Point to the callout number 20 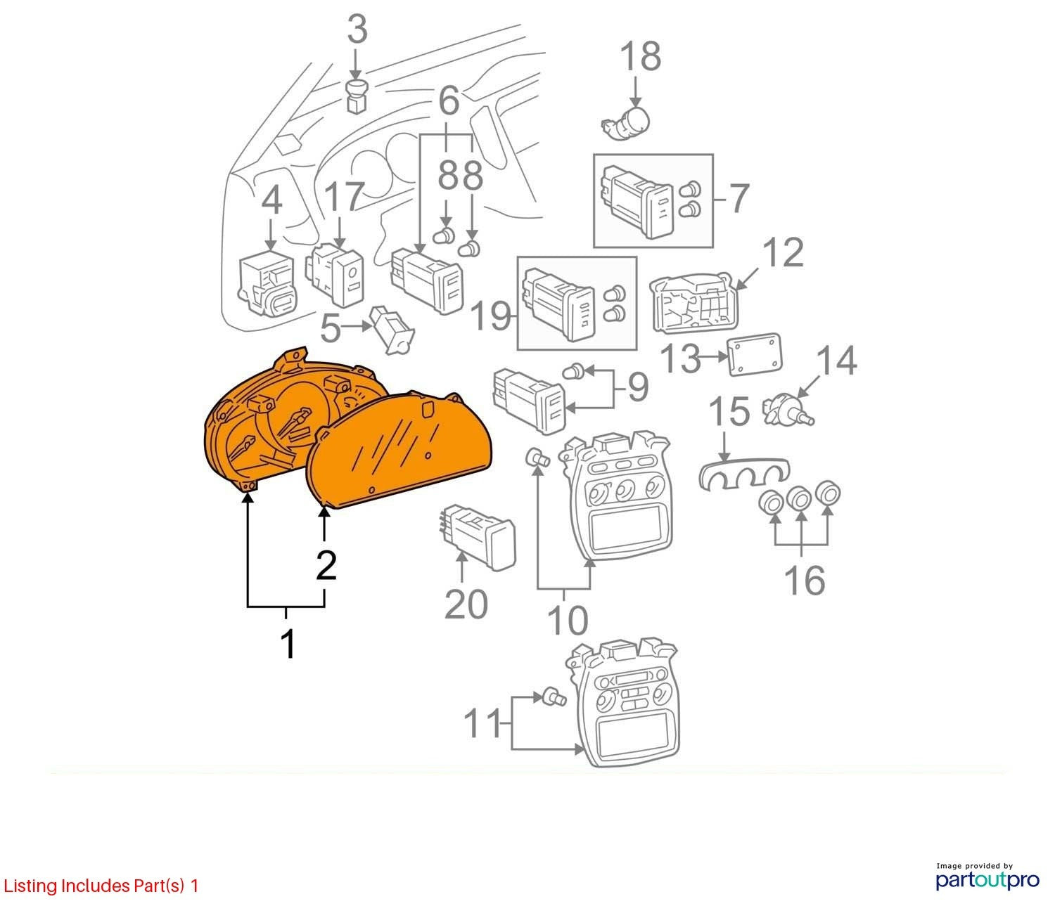tap(466, 605)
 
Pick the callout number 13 tap(681, 358)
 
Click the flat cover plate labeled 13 tap(755, 354)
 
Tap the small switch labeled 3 tap(356, 96)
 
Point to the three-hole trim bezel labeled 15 tap(744, 472)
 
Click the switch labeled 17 tap(334, 276)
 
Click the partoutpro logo tap(987, 880)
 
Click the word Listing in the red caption tap(30, 886)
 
